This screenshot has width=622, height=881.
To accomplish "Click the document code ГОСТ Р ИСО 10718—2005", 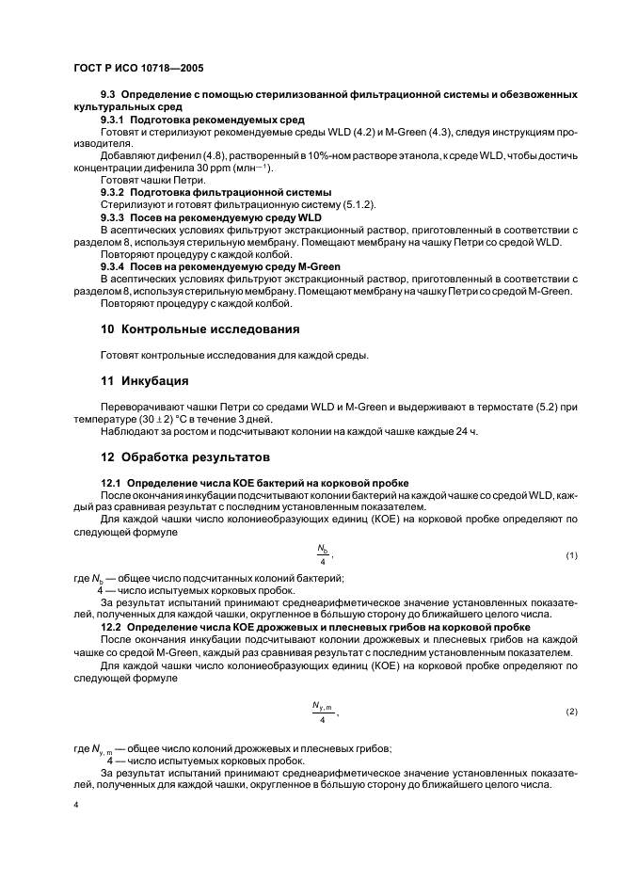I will (x=137, y=69).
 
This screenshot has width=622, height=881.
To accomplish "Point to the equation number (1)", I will (x=571, y=556).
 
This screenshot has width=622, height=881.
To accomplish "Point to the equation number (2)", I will (x=571, y=712).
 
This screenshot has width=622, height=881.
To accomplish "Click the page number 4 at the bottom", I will (x=76, y=807).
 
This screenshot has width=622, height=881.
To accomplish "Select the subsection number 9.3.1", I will (x=114, y=120).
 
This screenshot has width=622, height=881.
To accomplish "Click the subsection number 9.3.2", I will (x=114, y=192).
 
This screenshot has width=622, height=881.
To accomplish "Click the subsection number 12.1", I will (x=110, y=482).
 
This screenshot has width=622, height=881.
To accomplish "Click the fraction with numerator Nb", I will (x=322, y=556).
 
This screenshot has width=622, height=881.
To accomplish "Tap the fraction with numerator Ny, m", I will (x=323, y=713).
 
